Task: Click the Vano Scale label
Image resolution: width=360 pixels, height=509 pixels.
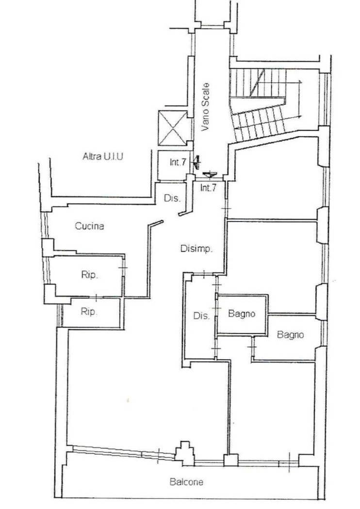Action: (205, 108)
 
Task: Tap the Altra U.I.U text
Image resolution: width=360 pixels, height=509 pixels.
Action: (103, 157)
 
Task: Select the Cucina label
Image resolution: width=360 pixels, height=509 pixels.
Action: (89, 226)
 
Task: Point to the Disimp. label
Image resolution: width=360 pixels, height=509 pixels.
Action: (196, 249)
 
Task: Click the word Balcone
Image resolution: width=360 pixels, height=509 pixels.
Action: (186, 482)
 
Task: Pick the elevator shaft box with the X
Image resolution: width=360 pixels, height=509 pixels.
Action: (173, 128)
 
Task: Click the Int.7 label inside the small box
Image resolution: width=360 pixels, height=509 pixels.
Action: (178, 162)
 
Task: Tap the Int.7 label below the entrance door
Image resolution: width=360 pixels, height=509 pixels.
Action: (208, 188)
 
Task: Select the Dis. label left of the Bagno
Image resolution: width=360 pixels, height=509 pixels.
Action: (201, 316)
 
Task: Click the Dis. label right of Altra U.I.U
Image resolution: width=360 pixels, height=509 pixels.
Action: (172, 198)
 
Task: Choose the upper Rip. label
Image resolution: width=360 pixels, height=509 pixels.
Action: (89, 275)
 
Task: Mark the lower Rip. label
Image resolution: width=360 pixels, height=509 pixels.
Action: (89, 312)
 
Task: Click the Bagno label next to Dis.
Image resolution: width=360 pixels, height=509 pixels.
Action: (242, 314)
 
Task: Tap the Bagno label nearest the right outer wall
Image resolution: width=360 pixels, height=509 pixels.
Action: (290, 334)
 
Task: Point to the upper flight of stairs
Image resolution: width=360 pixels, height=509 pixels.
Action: (258, 83)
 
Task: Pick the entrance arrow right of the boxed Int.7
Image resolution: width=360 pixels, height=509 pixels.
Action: (196, 161)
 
